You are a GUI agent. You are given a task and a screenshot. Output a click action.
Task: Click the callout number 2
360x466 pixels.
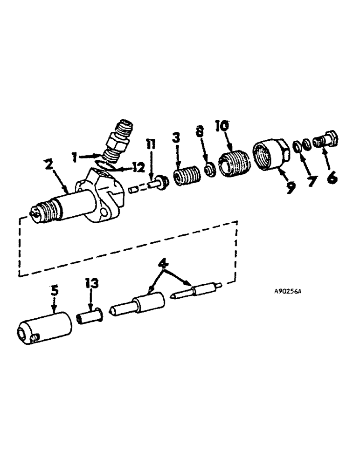pyautogui.click(x=48, y=165)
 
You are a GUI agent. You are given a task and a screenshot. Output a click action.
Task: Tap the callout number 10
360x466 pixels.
pyautogui.click(x=222, y=126)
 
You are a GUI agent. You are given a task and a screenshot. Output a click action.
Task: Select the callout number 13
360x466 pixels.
pyautogui.click(x=91, y=283)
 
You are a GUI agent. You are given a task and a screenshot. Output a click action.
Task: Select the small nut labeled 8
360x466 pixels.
pyautogui.click(x=210, y=169)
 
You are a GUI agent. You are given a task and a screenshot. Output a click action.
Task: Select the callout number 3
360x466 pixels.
pyautogui.click(x=177, y=138)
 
